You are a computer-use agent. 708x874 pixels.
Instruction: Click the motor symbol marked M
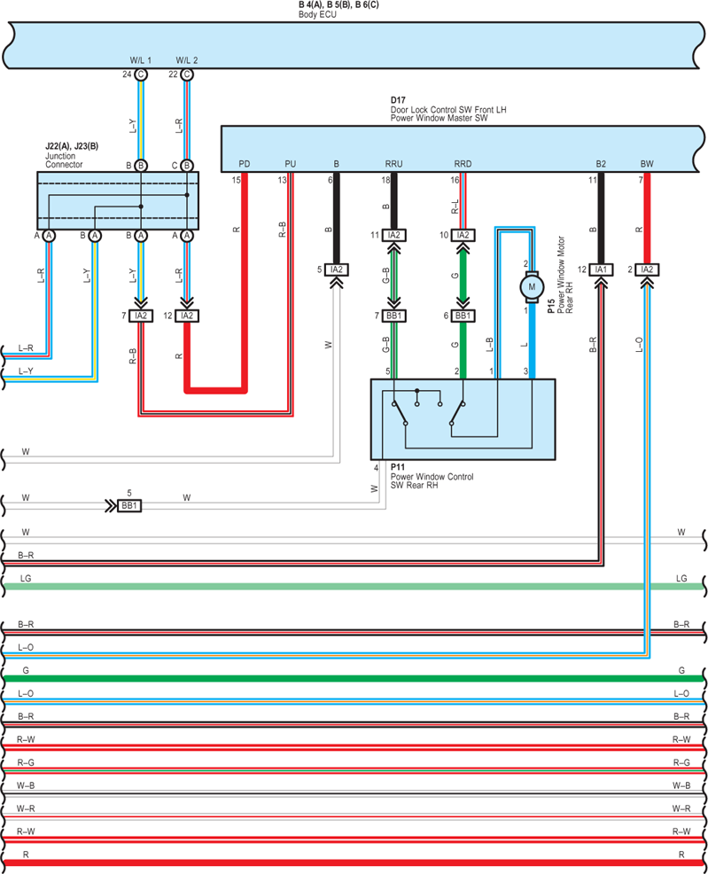pyautogui.click(x=532, y=287)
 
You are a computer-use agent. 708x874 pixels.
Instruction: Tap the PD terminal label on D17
pyautogui.click(x=244, y=164)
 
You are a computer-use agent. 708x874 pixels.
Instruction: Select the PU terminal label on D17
pyautogui.click(x=291, y=164)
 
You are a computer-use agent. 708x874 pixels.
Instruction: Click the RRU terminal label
pyautogui.click(x=393, y=164)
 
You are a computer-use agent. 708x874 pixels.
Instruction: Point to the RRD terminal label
pyautogui.click(x=463, y=164)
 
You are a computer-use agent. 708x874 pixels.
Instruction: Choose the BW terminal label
pyautogui.click(x=647, y=164)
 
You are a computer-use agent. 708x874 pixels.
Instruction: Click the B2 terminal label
pyautogui.click(x=601, y=164)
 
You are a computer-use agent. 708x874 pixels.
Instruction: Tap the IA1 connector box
pyautogui.click(x=601, y=269)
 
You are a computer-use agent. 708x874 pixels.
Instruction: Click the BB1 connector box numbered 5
pyautogui.click(x=129, y=505)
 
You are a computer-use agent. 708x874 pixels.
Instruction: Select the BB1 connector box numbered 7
pyautogui.click(x=393, y=316)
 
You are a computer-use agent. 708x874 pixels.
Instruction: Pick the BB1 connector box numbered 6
pyautogui.click(x=463, y=316)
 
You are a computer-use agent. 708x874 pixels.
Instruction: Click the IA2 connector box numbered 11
pyautogui.click(x=393, y=235)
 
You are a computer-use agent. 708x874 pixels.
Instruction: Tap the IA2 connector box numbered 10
pyautogui.click(x=463, y=235)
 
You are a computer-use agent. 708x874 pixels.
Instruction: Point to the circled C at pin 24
pyautogui.click(x=141, y=74)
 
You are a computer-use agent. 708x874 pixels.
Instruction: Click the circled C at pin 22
pyautogui.click(x=187, y=74)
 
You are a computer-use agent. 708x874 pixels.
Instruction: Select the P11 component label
pyautogui.click(x=398, y=467)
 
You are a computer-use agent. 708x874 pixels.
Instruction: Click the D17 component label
pyautogui.click(x=398, y=100)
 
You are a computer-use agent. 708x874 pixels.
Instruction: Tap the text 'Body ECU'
pyautogui.click(x=317, y=14)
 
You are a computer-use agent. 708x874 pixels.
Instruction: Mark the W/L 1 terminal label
pyautogui.click(x=140, y=60)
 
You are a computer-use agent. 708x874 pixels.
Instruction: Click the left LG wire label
pyautogui.click(x=26, y=579)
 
